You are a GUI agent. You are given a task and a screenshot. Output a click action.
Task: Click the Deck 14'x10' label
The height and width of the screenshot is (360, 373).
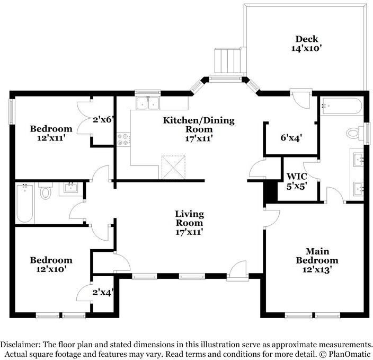[x=307, y=43]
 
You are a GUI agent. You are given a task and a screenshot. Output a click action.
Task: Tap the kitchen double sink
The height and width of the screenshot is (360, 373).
[x=148, y=104]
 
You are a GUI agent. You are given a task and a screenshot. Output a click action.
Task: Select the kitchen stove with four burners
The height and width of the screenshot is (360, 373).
[x=123, y=139]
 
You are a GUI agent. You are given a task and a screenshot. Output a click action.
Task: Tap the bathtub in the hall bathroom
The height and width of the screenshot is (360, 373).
[x=25, y=203]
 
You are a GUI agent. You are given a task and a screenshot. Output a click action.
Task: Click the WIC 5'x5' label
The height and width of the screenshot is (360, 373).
[x=297, y=181]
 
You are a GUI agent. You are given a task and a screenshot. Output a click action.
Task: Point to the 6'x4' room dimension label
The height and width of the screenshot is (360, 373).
[x=291, y=137]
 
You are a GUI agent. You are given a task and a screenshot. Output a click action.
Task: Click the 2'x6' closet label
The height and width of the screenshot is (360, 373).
[x=103, y=119]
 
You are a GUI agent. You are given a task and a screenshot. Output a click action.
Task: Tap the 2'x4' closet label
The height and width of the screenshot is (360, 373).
[x=103, y=292]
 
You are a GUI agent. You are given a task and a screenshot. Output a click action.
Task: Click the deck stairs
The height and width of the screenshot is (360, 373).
[x=230, y=60]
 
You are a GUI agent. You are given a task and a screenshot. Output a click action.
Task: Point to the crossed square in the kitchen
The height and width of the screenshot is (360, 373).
[x=173, y=167]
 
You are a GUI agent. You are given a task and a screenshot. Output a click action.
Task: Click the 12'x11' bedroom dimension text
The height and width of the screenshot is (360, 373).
[x=51, y=138]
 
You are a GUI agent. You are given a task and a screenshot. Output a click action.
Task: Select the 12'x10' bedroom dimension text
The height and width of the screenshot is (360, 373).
[x=51, y=269]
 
